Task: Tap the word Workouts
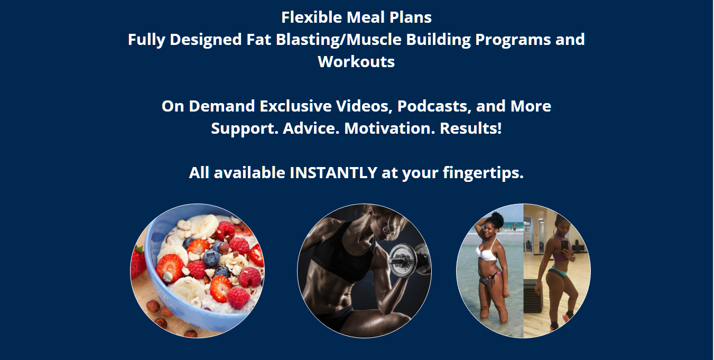point(356,61)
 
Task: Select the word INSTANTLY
point(333,172)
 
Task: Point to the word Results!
point(471,128)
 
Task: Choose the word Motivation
point(390,128)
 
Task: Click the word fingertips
point(483,173)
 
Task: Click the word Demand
point(222,106)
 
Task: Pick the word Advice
point(311,128)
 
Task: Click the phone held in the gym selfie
point(564,246)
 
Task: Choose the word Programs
point(513,40)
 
